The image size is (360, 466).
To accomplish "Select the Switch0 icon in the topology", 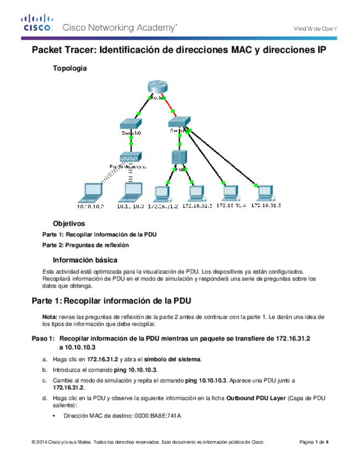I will pos(132,124).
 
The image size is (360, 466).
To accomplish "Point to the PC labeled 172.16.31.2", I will pos(163,192).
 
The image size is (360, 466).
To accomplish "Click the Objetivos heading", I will pos(69,224).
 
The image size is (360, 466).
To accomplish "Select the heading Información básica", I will pos(84,259).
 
